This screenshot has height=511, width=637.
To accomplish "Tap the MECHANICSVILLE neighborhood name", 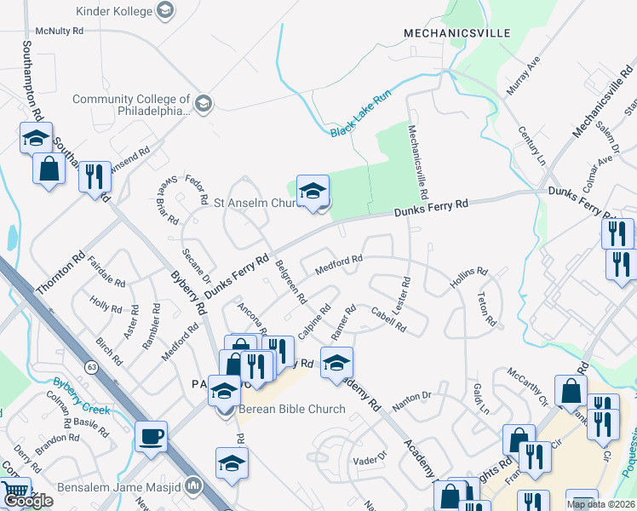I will click(456, 33).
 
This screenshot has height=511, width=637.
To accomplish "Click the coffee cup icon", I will click(152, 437).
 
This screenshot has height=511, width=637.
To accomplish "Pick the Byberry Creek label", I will click(82, 396).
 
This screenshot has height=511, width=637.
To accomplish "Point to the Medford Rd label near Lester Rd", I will click(339, 266).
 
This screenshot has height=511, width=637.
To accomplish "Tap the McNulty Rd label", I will click(54, 30).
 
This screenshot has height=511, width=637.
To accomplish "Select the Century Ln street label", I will click(531, 146).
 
